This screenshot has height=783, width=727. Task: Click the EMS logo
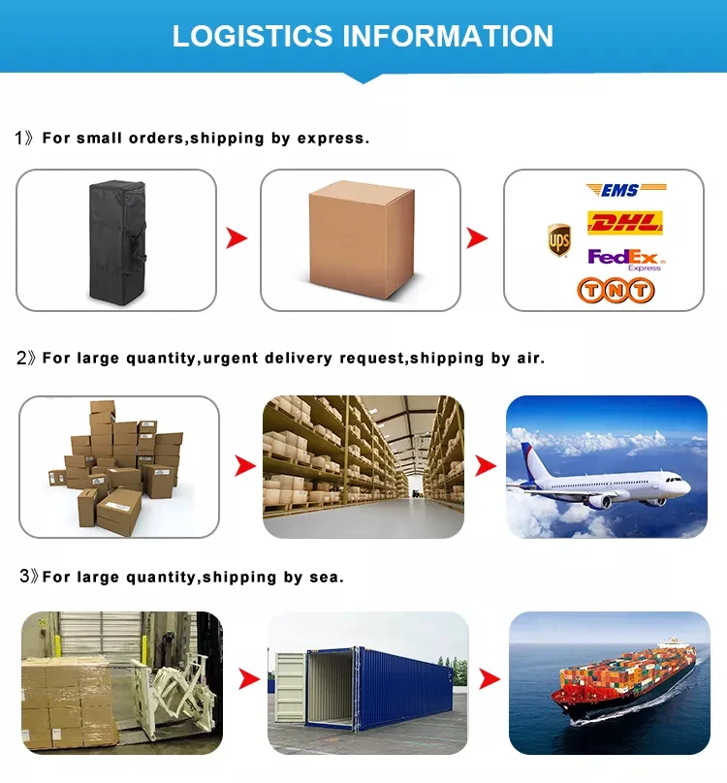[x=625, y=190]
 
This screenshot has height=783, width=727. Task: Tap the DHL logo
[x=625, y=223]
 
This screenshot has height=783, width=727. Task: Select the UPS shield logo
[x=558, y=239]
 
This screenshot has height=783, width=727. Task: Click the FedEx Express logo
[x=625, y=259]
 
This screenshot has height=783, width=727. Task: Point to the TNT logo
[x=616, y=290]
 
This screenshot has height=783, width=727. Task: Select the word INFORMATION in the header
[x=449, y=36]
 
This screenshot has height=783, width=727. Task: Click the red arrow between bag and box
[x=237, y=238]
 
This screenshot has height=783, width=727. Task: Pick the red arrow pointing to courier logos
[x=477, y=238]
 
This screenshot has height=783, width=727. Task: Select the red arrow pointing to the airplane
[x=485, y=466]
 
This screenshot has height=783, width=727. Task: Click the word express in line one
[x=332, y=139]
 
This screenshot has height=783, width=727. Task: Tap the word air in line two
[x=529, y=359]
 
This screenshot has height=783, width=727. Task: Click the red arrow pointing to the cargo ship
[x=490, y=679]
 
